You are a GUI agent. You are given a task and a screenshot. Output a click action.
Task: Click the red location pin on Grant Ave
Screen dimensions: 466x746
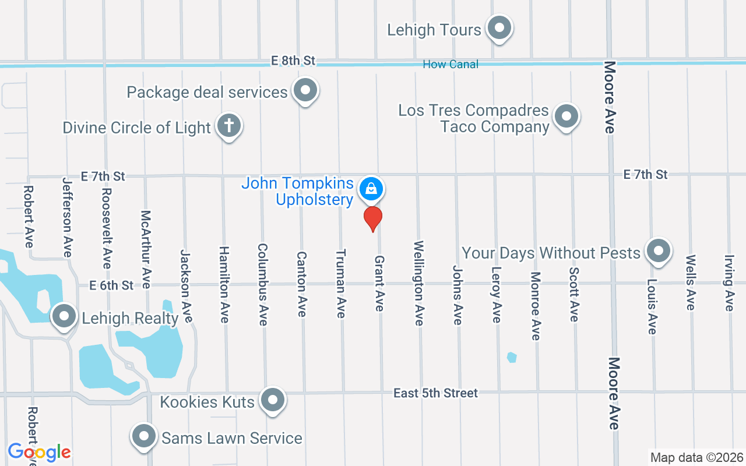(x=373, y=218)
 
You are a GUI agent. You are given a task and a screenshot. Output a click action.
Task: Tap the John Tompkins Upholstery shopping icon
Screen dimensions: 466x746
(x=370, y=188)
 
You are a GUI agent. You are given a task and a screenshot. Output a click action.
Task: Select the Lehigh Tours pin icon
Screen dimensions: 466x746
(x=499, y=27)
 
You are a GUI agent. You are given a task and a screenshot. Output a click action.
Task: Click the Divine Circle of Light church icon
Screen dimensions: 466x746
(x=229, y=125)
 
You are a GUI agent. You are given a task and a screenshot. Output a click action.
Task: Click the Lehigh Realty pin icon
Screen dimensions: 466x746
(x=64, y=317)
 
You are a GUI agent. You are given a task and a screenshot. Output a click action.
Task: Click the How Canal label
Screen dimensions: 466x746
(x=451, y=64)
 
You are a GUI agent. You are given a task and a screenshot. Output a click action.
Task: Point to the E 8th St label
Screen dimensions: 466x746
(x=293, y=61)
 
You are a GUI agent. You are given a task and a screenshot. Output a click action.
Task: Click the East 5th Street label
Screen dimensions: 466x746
(x=435, y=393)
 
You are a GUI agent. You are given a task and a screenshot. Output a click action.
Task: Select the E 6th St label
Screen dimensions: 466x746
(x=111, y=285)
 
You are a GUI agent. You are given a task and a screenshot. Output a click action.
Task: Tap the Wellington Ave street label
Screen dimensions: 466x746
(x=418, y=283)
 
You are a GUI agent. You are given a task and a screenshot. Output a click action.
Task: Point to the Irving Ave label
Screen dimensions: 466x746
(x=729, y=283)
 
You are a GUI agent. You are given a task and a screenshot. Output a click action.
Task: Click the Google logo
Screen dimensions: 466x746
(x=39, y=452)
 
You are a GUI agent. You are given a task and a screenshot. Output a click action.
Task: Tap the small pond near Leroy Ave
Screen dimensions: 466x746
(x=512, y=356)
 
